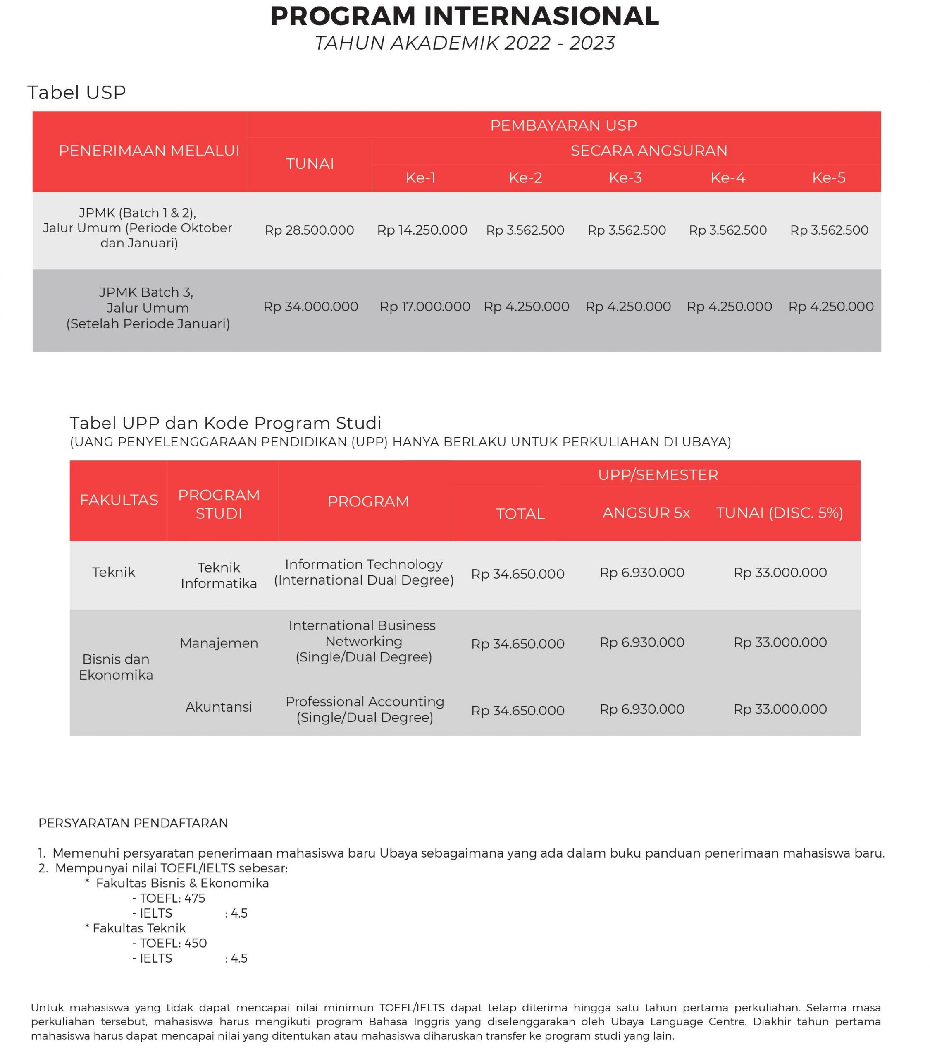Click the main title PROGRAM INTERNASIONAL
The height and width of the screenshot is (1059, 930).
[465, 16]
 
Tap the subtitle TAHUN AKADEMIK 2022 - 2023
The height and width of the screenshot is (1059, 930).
[465, 43]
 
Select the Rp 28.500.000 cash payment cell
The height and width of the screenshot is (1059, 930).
[309, 230]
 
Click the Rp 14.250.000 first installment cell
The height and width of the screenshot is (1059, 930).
[422, 230]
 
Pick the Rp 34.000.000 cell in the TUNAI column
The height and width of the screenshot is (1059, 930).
[311, 307]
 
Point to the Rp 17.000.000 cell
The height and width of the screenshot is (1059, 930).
[424, 307]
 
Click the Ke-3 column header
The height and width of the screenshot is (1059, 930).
[625, 178]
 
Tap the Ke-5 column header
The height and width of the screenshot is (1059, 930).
[828, 178]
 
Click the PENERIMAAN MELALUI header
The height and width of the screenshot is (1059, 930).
[149, 151]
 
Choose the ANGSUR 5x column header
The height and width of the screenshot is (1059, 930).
[646, 513]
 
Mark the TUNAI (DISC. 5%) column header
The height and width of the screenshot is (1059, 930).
[779, 513]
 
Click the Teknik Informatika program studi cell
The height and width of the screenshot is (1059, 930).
[219, 575]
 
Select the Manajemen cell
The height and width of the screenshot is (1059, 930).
[219, 643]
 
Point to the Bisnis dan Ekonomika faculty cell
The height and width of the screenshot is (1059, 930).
[116, 667]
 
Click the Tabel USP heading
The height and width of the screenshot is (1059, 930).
[76, 93]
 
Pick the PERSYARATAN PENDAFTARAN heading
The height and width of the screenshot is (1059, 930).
[133, 823]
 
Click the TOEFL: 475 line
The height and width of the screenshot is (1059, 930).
[169, 898]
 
